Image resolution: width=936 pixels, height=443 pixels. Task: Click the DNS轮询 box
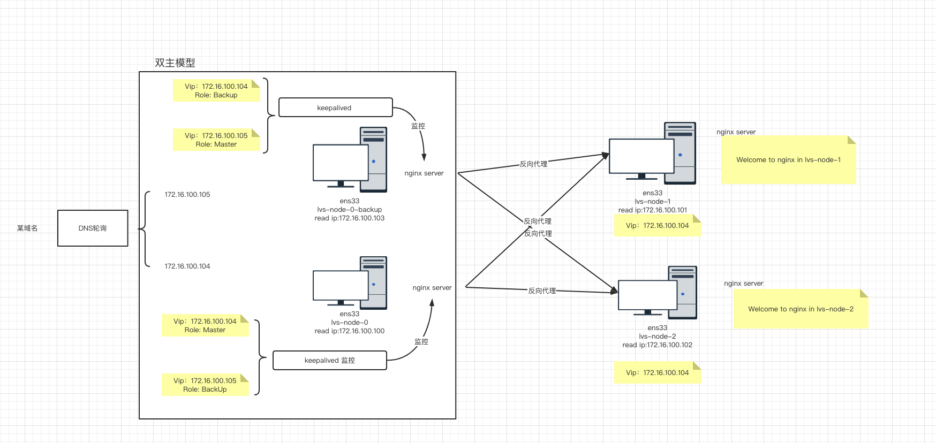[93, 228]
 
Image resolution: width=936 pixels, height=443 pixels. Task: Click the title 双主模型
[175, 63]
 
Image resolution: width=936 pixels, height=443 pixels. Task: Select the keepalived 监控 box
[329, 360]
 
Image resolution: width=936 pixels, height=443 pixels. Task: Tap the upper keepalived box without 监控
[335, 107]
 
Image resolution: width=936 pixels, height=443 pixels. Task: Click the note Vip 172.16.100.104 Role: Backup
[216, 90]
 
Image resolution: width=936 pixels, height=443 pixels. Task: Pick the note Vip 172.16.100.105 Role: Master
[216, 140]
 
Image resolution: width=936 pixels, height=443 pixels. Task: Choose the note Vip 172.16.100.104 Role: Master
[205, 325]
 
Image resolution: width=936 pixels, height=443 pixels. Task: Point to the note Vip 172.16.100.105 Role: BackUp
[205, 385]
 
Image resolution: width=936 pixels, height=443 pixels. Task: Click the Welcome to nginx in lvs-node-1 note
[788, 159]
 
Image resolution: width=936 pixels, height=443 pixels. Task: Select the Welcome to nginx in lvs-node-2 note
[801, 309]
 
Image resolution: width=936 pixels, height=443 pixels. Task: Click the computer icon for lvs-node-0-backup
[350, 159]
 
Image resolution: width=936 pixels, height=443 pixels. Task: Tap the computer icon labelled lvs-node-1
[652, 153]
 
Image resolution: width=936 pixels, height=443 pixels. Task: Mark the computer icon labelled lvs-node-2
[658, 292]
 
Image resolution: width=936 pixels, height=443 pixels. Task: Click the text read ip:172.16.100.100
[350, 331]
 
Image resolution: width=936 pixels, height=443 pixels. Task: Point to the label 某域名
[27, 228]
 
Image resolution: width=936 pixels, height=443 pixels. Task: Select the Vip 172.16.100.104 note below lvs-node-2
[658, 373]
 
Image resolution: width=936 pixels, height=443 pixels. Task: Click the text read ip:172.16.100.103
[350, 218]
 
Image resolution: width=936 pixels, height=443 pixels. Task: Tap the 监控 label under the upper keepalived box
[418, 126]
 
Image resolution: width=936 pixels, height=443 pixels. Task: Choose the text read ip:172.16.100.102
[658, 345]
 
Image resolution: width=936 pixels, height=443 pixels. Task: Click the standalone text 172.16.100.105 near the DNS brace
[187, 195]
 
